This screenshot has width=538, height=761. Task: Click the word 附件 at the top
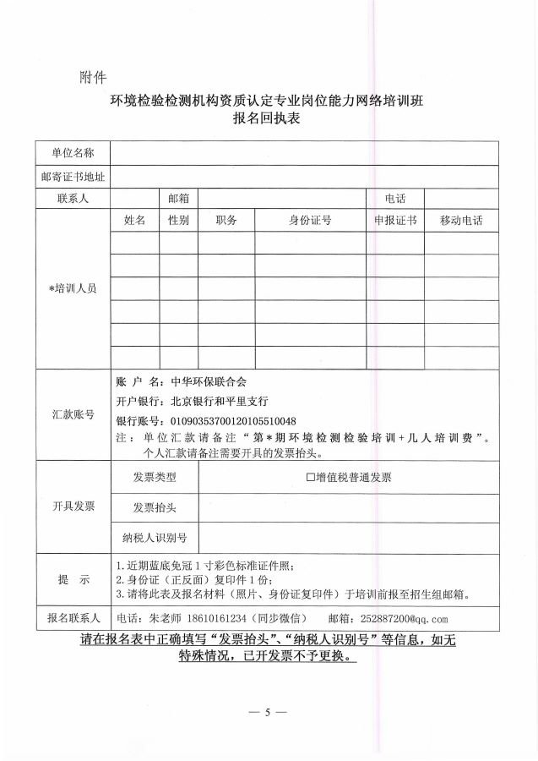click(x=92, y=78)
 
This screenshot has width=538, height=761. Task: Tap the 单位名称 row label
click(x=73, y=153)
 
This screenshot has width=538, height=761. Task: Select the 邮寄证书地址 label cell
click(x=73, y=177)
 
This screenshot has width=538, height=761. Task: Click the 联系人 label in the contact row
click(x=73, y=199)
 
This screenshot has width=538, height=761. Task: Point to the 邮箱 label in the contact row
click(x=178, y=199)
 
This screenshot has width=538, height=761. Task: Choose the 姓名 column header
click(x=135, y=220)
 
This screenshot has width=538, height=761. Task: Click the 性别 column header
click(x=178, y=220)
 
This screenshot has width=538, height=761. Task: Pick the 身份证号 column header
click(x=310, y=220)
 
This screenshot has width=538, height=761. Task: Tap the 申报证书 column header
click(x=395, y=220)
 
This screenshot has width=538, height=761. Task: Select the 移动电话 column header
click(x=461, y=220)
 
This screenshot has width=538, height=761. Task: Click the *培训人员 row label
click(x=73, y=288)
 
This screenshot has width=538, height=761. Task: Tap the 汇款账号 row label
click(x=73, y=415)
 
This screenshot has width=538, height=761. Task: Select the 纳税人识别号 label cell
click(x=155, y=537)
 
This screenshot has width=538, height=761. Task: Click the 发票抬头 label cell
click(x=155, y=507)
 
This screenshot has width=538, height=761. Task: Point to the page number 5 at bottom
click(x=269, y=713)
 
